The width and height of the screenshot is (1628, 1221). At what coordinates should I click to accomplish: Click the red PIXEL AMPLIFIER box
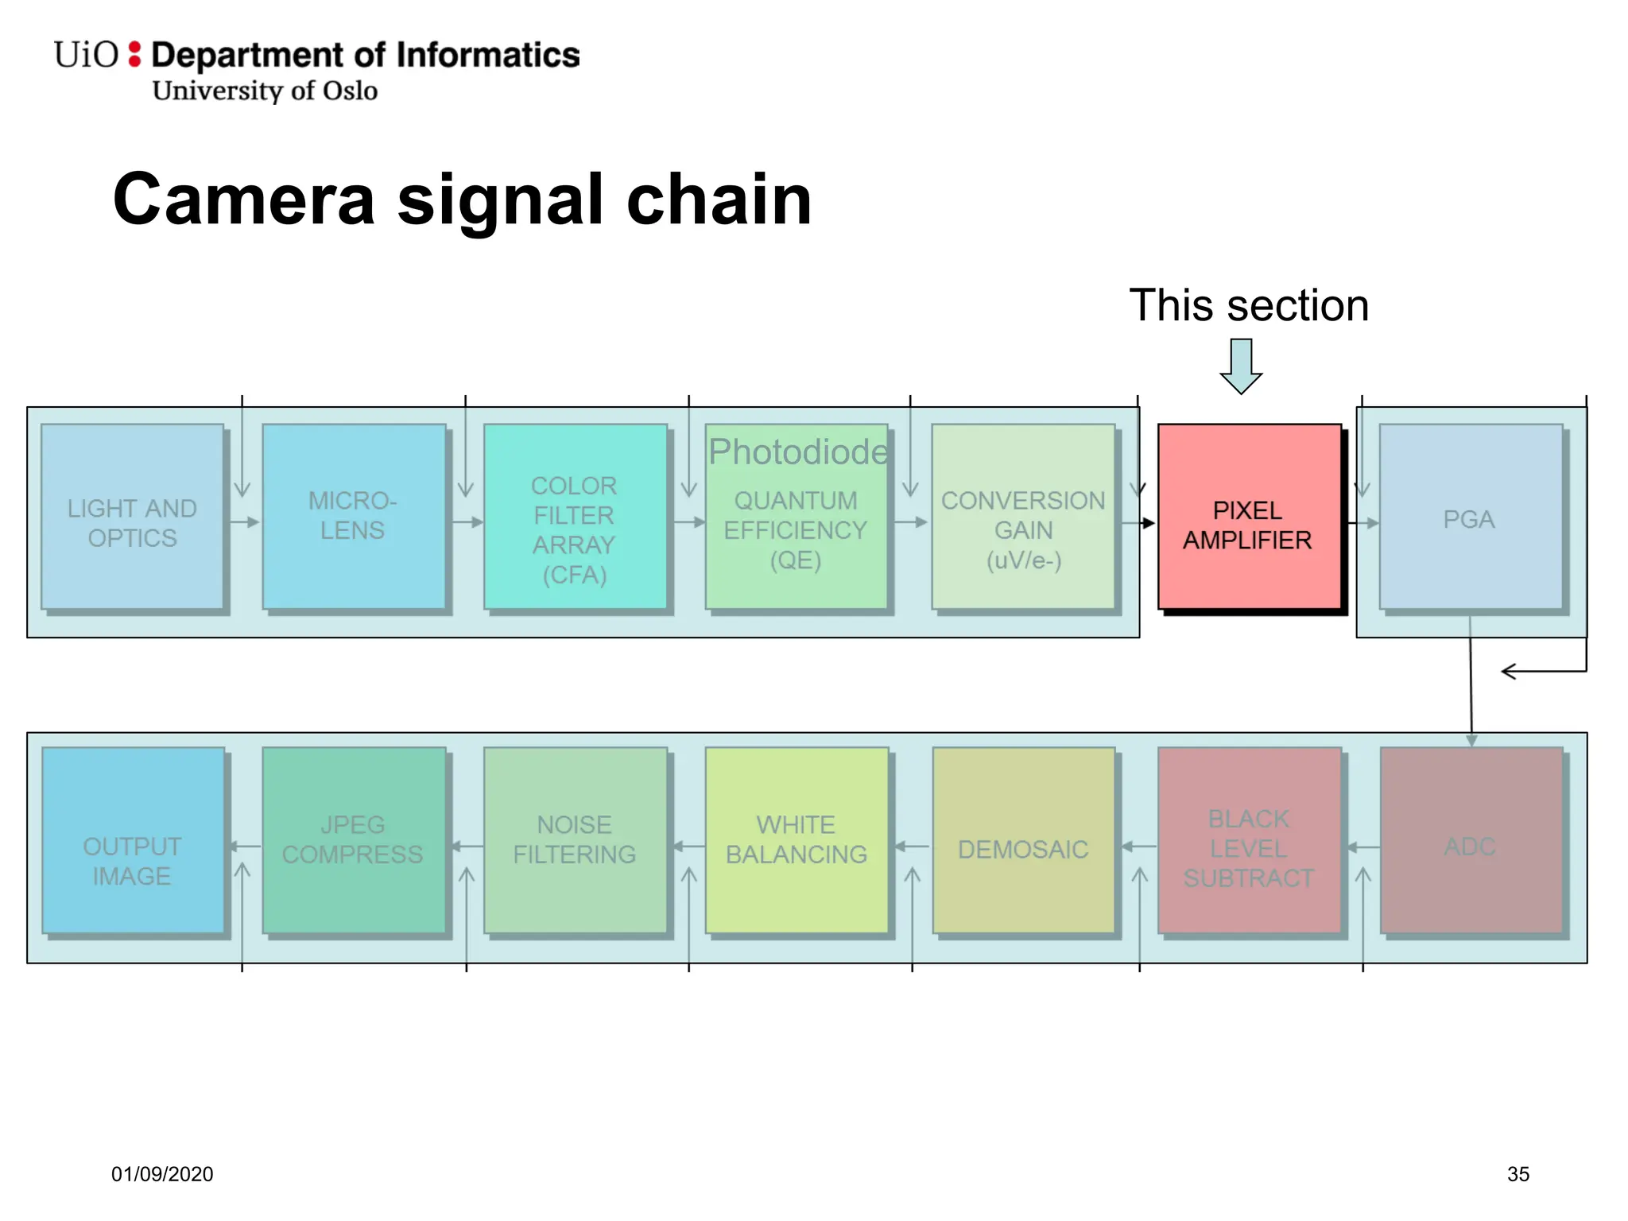click(1249, 517)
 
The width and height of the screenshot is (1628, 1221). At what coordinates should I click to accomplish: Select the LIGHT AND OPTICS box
click(133, 517)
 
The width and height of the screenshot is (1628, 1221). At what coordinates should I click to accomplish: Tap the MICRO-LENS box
click(354, 517)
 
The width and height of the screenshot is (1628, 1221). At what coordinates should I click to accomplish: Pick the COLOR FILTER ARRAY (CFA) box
click(575, 517)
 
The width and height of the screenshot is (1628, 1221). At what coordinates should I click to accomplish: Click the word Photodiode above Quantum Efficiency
click(797, 452)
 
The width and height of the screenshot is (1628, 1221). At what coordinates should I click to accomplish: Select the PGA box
click(1470, 517)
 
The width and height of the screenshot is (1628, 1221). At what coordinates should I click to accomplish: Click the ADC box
click(1471, 840)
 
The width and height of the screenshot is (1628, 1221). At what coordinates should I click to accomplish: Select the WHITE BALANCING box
click(797, 840)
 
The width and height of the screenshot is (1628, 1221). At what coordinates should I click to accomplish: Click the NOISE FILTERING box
click(575, 840)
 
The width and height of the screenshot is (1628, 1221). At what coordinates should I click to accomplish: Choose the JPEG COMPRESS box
click(354, 840)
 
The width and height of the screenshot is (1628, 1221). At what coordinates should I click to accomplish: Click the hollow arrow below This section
click(1241, 366)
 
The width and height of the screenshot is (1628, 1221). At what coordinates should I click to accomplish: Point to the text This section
click(1249, 306)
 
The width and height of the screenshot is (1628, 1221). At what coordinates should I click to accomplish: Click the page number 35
click(1518, 1174)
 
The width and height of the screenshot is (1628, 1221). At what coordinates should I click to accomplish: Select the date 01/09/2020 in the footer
click(162, 1174)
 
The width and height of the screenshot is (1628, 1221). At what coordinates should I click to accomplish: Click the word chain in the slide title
click(719, 200)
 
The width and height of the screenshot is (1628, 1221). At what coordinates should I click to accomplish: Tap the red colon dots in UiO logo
click(134, 54)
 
